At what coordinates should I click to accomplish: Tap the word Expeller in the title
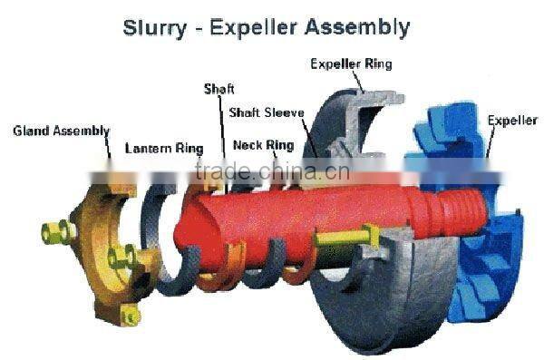click(x=255, y=28)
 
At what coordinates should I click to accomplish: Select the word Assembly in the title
click(x=357, y=28)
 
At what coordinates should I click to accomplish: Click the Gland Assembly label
click(x=61, y=131)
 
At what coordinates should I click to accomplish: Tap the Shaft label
click(x=219, y=88)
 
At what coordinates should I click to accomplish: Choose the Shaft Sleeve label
click(x=266, y=112)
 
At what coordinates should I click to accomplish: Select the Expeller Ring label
click(x=351, y=63)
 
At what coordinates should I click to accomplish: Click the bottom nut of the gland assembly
click(x=131, y=316)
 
